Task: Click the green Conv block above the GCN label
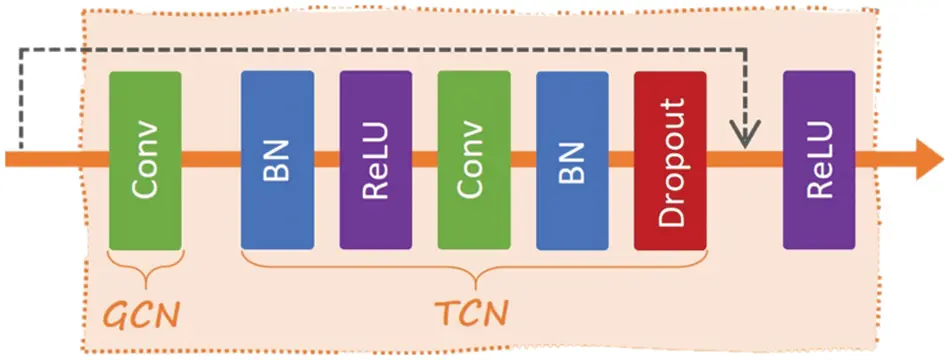click(145, 160)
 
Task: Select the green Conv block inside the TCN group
click(474, 160)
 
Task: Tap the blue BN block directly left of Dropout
click(572, 160)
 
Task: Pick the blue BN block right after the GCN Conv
click(277, 160)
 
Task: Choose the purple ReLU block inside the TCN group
click(375, 160)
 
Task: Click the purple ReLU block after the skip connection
click(819, 160)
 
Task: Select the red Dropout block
click(670, 160)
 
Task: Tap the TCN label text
click(474, 312)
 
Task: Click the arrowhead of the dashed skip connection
click(745, 133)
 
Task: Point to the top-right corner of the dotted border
click(877, 12)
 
